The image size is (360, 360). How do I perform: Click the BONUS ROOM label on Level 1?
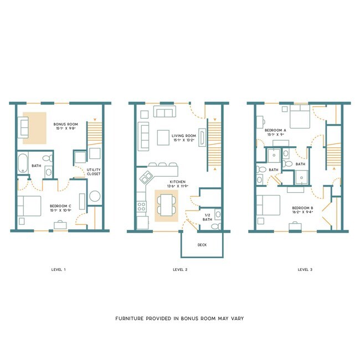65,124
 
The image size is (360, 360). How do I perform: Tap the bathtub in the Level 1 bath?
23,164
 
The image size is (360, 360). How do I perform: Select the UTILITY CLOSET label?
92,172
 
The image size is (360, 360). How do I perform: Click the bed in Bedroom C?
28,207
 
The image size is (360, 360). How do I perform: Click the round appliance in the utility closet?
94,196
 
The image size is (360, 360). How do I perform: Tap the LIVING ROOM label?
184,135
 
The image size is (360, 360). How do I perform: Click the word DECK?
202,244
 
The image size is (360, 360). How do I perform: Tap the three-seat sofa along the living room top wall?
165,113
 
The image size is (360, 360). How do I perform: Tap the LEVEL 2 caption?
181,270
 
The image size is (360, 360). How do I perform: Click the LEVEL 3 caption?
305,270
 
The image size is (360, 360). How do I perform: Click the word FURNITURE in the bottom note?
131,319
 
